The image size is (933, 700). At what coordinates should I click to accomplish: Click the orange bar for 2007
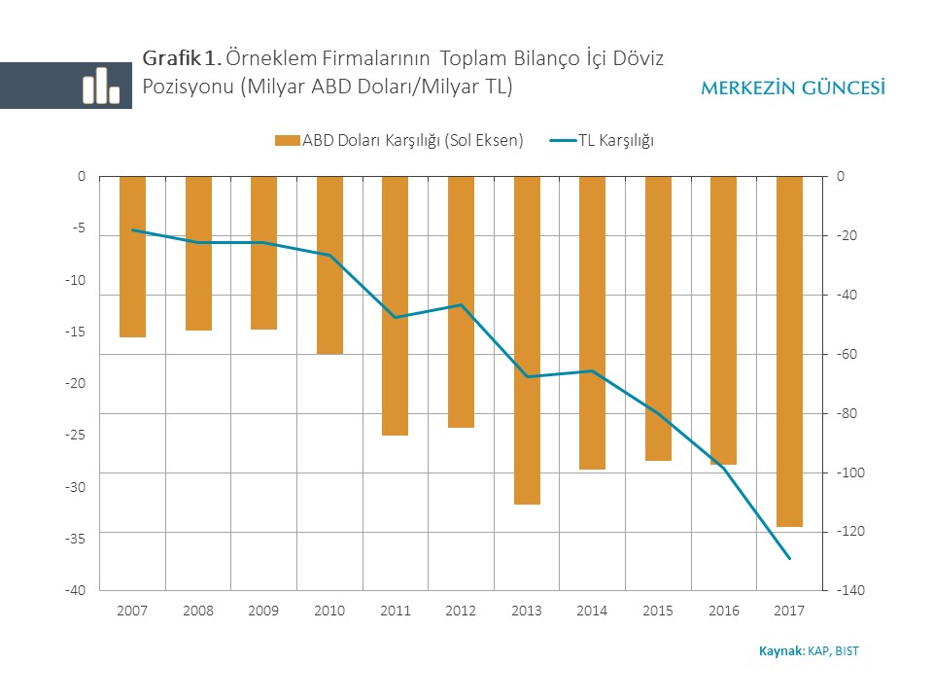(x=132, y=257)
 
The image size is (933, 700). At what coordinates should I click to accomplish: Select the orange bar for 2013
(x=527, y=340)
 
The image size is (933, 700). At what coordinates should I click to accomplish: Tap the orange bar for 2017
(x=789, y=351)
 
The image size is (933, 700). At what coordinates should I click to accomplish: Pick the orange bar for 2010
(x=329, y=264)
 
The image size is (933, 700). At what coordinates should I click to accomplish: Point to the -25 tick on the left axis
(x=76, y=435)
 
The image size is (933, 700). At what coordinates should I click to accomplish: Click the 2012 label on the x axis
(x=461, y=611)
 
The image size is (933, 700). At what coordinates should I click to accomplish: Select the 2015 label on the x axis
(x=658, y=611)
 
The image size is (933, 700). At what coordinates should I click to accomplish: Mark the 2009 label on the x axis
(x=263, y=611)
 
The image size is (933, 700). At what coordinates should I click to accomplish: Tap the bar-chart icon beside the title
(x=100, y=86)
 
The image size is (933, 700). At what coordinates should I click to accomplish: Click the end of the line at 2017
(x=789, y=558)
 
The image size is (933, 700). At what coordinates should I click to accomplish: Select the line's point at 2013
(x=527, y=376)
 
